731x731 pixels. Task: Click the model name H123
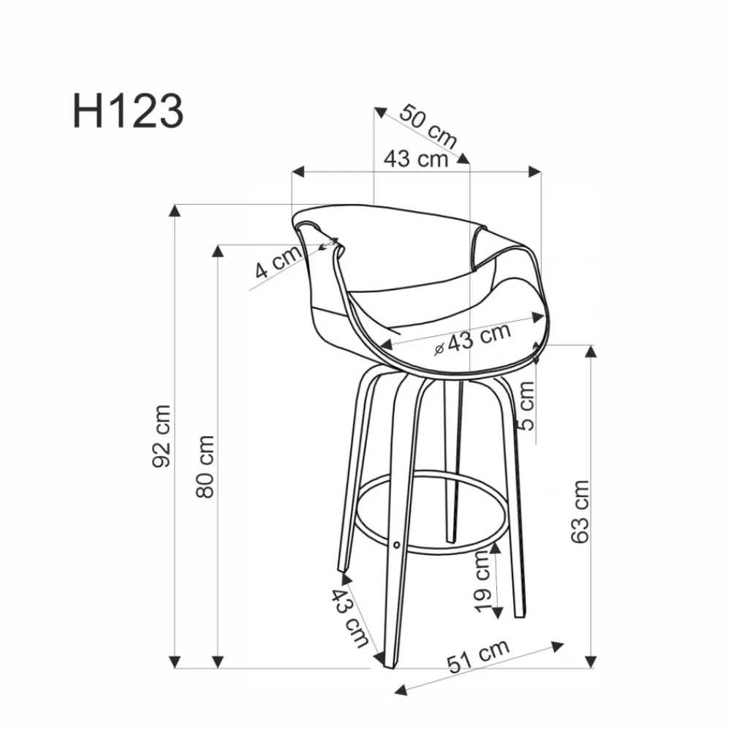coord(128,111)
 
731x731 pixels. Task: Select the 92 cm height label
coord(162,436)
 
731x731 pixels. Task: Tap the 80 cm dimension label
coord(205,466)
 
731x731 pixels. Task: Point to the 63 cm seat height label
coord(580,512)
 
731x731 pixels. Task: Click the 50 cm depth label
coord(428,126)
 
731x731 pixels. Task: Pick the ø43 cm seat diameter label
coord(472,338)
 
